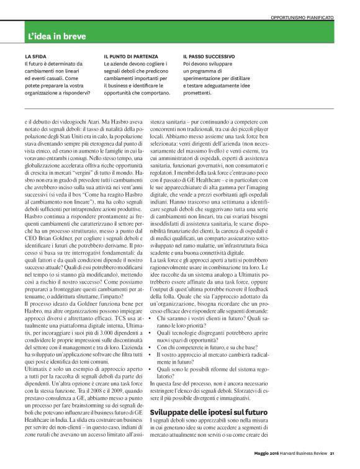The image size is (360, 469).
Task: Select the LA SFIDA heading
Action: tap(36, 56)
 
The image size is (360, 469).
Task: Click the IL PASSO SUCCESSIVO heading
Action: tap(209, 56)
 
